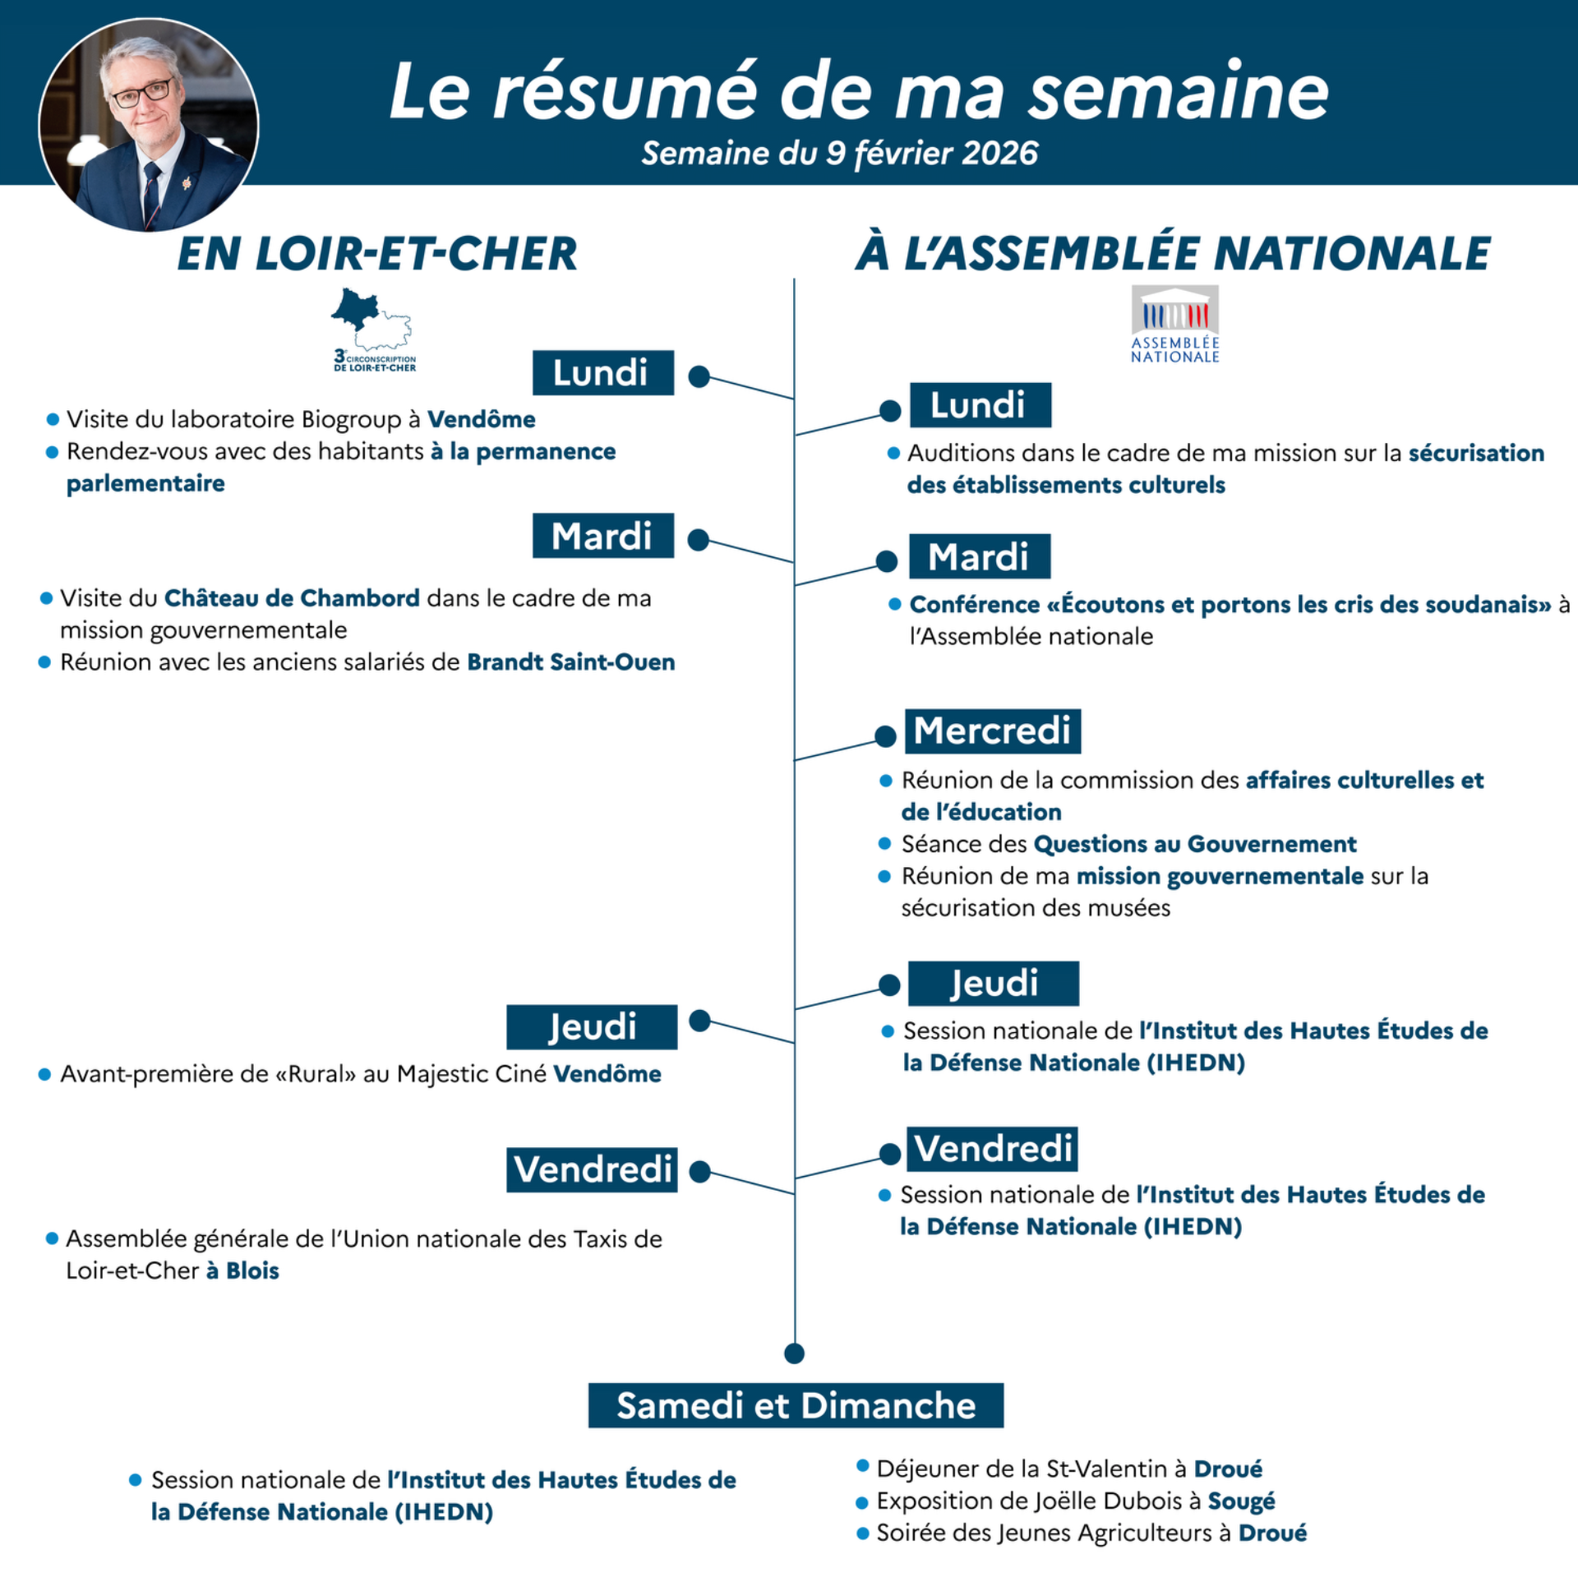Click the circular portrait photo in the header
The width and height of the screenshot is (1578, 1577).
[149, 125]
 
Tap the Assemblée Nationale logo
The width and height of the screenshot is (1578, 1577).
[1174, 324]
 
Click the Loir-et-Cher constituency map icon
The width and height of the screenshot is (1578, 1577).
[373, 329]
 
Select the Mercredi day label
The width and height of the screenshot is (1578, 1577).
[992, 731]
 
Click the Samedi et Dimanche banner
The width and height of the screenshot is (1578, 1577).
[796, 1405]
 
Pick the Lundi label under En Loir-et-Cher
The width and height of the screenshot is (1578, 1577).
[602, 373]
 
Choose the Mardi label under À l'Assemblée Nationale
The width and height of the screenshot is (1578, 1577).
[979, 556]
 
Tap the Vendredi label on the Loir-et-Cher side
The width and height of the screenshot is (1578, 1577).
[592, 1169]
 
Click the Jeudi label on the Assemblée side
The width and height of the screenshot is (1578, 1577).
[993, 983]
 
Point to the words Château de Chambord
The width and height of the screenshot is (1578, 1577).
[292, 597]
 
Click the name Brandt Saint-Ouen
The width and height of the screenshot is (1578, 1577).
[570, 662]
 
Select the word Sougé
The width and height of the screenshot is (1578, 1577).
[1241, 1501]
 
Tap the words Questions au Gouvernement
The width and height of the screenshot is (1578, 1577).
[1194, 844]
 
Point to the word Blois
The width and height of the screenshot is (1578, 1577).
[252, 1270]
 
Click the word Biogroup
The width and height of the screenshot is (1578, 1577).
[351, 419]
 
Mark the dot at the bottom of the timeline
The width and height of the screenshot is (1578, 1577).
[794, 1353]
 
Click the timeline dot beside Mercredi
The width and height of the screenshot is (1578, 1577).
[885, 736]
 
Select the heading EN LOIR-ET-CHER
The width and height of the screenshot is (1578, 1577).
[377, 253]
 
